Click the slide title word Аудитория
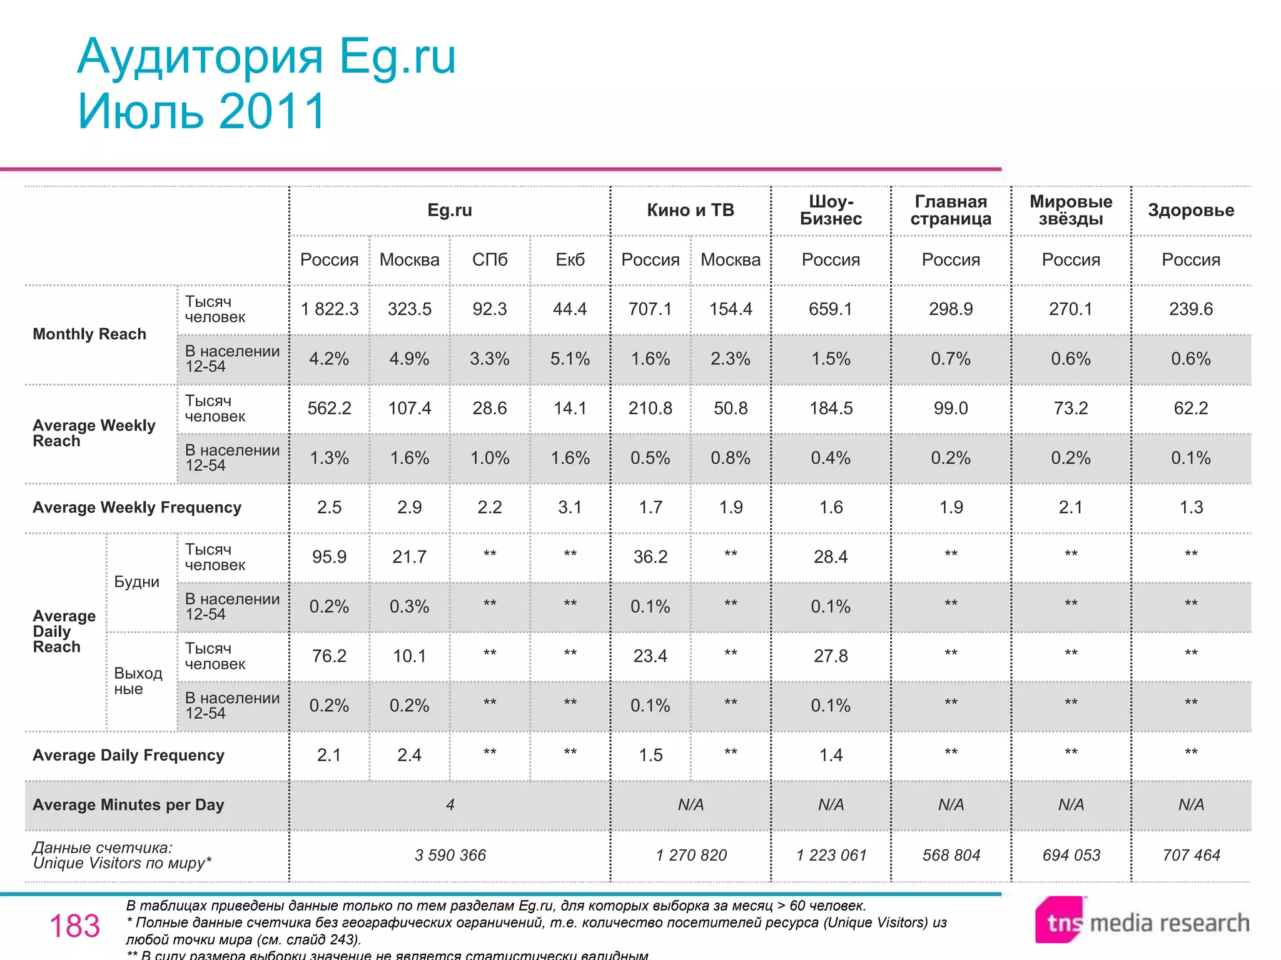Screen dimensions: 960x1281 (200, 57)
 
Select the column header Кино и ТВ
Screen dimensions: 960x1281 (690, 210)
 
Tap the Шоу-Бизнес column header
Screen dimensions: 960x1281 (831, 210)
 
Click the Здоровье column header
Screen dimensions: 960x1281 (1191, 210)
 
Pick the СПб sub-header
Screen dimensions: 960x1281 (490, 259)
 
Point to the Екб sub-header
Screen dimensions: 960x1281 (570, 259)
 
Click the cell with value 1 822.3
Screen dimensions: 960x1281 (329, 309)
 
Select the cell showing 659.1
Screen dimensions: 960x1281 (831, 309)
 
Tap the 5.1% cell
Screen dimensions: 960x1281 (570, 359)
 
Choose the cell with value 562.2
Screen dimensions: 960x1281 (329, 408)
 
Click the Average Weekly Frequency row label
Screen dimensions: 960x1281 (137, 507)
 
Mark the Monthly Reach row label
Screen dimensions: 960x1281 (89, 334)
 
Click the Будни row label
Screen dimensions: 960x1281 (137, 582)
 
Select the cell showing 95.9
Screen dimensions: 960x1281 (329, 557)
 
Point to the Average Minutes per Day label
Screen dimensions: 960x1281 (128, 805)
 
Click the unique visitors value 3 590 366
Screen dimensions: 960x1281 (450, 855)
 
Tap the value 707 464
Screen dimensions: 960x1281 (1191, 855)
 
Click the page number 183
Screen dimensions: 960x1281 (74, 926)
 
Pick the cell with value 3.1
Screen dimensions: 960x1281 (570, 507)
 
